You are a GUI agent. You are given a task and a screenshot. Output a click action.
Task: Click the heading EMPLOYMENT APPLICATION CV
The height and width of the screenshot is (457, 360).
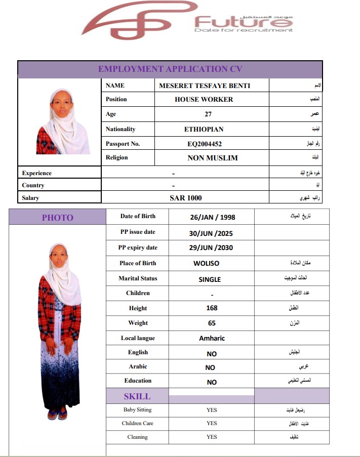click(170, 69)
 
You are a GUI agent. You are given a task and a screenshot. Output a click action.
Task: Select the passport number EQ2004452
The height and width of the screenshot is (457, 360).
click(205, 144)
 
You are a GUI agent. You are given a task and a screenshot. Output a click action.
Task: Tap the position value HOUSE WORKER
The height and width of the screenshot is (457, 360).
click(204, 100)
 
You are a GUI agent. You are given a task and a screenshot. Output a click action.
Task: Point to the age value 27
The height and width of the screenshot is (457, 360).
click(208, 114)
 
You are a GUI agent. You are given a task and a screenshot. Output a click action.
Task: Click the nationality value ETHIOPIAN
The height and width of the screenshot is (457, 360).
click(204, 130)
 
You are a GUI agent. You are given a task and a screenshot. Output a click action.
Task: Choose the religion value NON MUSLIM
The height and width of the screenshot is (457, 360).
click(213, 158)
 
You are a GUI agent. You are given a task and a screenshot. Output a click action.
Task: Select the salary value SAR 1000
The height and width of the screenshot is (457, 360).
click(185, 198)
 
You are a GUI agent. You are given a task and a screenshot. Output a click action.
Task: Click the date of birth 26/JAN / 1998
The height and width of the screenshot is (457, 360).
click(213, 217)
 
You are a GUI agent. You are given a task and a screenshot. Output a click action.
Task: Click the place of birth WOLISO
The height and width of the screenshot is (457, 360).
click(207, 264)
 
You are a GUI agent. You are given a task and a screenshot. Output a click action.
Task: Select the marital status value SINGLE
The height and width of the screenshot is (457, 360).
click(210, 279)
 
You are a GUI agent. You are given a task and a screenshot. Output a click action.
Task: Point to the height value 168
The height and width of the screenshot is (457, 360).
click(212, 308)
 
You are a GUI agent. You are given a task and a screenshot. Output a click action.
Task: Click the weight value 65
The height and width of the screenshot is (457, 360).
click(212, 323)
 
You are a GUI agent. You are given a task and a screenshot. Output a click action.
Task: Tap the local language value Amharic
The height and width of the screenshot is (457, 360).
click(212, 338)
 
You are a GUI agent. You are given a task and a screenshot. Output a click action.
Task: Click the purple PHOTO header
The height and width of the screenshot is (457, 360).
click(57, 218)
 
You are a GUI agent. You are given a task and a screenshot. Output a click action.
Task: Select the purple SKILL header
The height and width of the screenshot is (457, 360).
click(137, 396)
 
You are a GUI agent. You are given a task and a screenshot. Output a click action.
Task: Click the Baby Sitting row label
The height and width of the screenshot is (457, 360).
click(137, 410)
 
